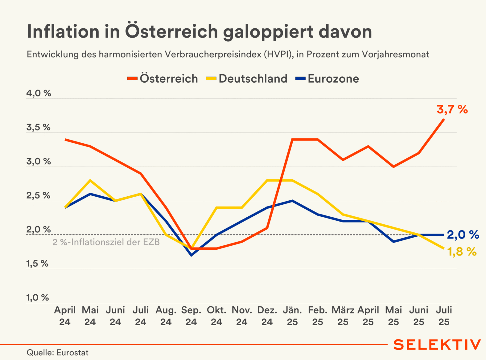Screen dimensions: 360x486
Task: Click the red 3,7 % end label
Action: click(452, 109)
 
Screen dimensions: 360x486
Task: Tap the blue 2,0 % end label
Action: click(463, 235)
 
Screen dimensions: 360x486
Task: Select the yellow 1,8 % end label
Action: click(462, 252)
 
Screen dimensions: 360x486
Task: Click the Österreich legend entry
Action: click(163, 79)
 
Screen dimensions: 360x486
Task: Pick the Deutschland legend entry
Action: click(247, 79)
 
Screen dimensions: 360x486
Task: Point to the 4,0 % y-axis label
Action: click(39, 93)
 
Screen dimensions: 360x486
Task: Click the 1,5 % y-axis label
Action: click(37, 264)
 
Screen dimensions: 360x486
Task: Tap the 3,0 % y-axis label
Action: click(38, 161)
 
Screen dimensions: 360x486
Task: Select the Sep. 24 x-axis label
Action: click(191, 316)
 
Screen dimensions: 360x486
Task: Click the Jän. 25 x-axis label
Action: click(292, 316)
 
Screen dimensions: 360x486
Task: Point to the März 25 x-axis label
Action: click(343, 316)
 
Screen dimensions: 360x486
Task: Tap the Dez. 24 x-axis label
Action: click(267, 316)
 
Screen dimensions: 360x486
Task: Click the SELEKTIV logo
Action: click(437, 345)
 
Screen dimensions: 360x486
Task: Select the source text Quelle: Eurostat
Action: click(58, 353)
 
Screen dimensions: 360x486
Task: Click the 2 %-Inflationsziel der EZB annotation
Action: click(106, 242)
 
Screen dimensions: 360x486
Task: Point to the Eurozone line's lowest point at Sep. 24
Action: click(192, 255)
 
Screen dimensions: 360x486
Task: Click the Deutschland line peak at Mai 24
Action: click(90, 180)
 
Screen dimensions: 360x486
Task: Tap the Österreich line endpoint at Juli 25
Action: click(444, 119)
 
